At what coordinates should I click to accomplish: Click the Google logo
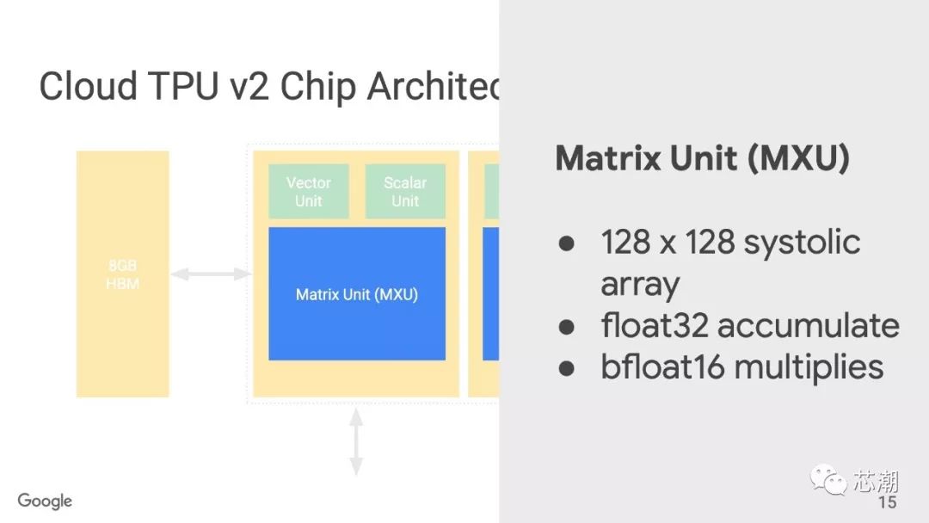45,501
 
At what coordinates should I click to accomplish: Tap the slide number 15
886,501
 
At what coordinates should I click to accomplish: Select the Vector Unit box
308,192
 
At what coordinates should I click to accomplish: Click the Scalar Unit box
405,192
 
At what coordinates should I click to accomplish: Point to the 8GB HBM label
122,274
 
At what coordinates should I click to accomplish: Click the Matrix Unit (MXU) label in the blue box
357,294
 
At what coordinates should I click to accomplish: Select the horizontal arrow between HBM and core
210,274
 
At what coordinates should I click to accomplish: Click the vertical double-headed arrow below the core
356,441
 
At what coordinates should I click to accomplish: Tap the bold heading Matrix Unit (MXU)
702,158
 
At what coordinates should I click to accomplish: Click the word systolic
802,242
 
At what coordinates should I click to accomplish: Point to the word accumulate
808,325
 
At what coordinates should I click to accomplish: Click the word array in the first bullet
640,284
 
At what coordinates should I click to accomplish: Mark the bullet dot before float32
566,326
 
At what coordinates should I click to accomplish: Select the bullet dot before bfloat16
566,367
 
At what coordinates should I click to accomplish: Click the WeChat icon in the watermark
829,479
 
